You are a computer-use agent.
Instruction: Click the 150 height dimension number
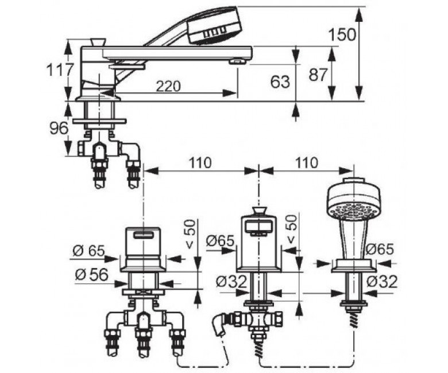342,35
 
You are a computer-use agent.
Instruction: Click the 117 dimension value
60,69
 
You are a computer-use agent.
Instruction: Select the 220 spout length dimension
168,86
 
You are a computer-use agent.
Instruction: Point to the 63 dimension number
280,82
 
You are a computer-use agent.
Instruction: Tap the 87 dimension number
318,75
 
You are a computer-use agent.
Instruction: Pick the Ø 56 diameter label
91,275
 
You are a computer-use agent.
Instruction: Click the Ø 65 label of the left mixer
89,251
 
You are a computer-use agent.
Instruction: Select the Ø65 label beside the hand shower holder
380,250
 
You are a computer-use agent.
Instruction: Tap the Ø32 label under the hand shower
382,282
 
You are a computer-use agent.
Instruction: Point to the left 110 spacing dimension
200,162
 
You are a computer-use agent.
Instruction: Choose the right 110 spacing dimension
306,162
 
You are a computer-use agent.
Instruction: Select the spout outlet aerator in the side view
238,61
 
